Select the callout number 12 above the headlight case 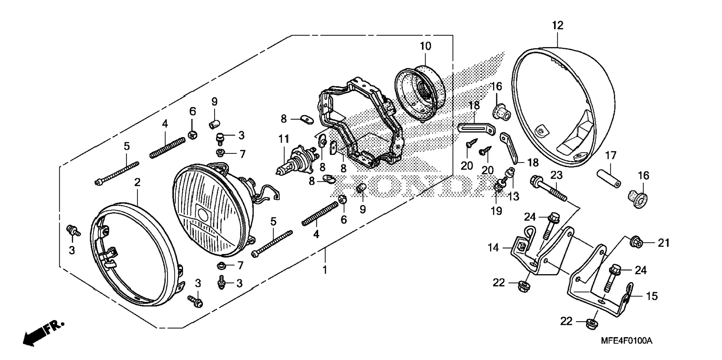[x=557, y=25]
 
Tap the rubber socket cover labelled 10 [x=420, y=91]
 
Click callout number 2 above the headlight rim [x=137, y=182]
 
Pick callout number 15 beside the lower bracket [x=651, y=296]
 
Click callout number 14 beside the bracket [x=494, y=247]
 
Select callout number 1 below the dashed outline [x=325, y=270]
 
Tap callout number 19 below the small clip [x=496, y=211]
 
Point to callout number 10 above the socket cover [x=425, y=46]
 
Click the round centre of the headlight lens [x=203, y=214]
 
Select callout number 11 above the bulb [x=284, y=139]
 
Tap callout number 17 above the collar [x=611, y=155]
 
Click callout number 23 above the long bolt [x=556, y=175]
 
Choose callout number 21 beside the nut [x=663, y=243]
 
